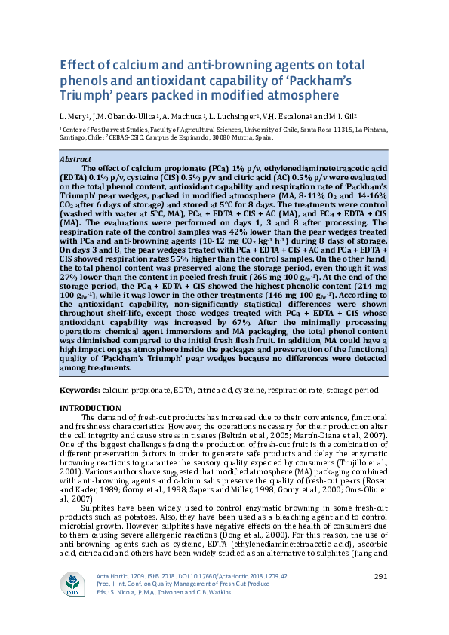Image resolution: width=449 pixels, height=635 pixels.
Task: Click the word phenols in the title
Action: click(84, 81)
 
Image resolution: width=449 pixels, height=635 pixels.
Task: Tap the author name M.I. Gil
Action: click(342, 116)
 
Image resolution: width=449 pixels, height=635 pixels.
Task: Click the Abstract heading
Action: click(75, 159)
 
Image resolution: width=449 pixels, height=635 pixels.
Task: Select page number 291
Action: click(380, 577)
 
